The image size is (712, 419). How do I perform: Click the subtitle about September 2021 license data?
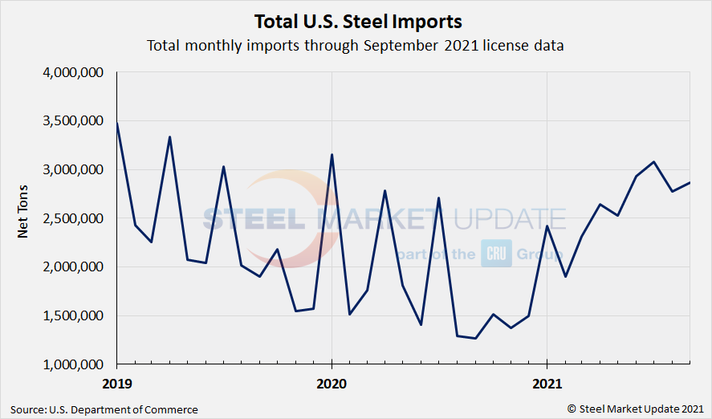(x=356, y=45)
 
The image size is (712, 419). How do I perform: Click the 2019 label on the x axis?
(x=117, y=383)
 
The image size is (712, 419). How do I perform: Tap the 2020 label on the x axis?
(x=332, y=383)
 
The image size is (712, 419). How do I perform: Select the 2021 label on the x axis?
(x=547, y=383)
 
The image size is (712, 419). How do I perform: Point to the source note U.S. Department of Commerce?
(x=105, y=409)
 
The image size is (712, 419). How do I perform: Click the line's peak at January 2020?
(x=332, y=155)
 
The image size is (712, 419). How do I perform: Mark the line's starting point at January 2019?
(x=117, y=123)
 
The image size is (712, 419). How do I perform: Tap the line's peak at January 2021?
(x=547, y=226)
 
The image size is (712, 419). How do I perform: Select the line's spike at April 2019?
(x=169, y=137)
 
